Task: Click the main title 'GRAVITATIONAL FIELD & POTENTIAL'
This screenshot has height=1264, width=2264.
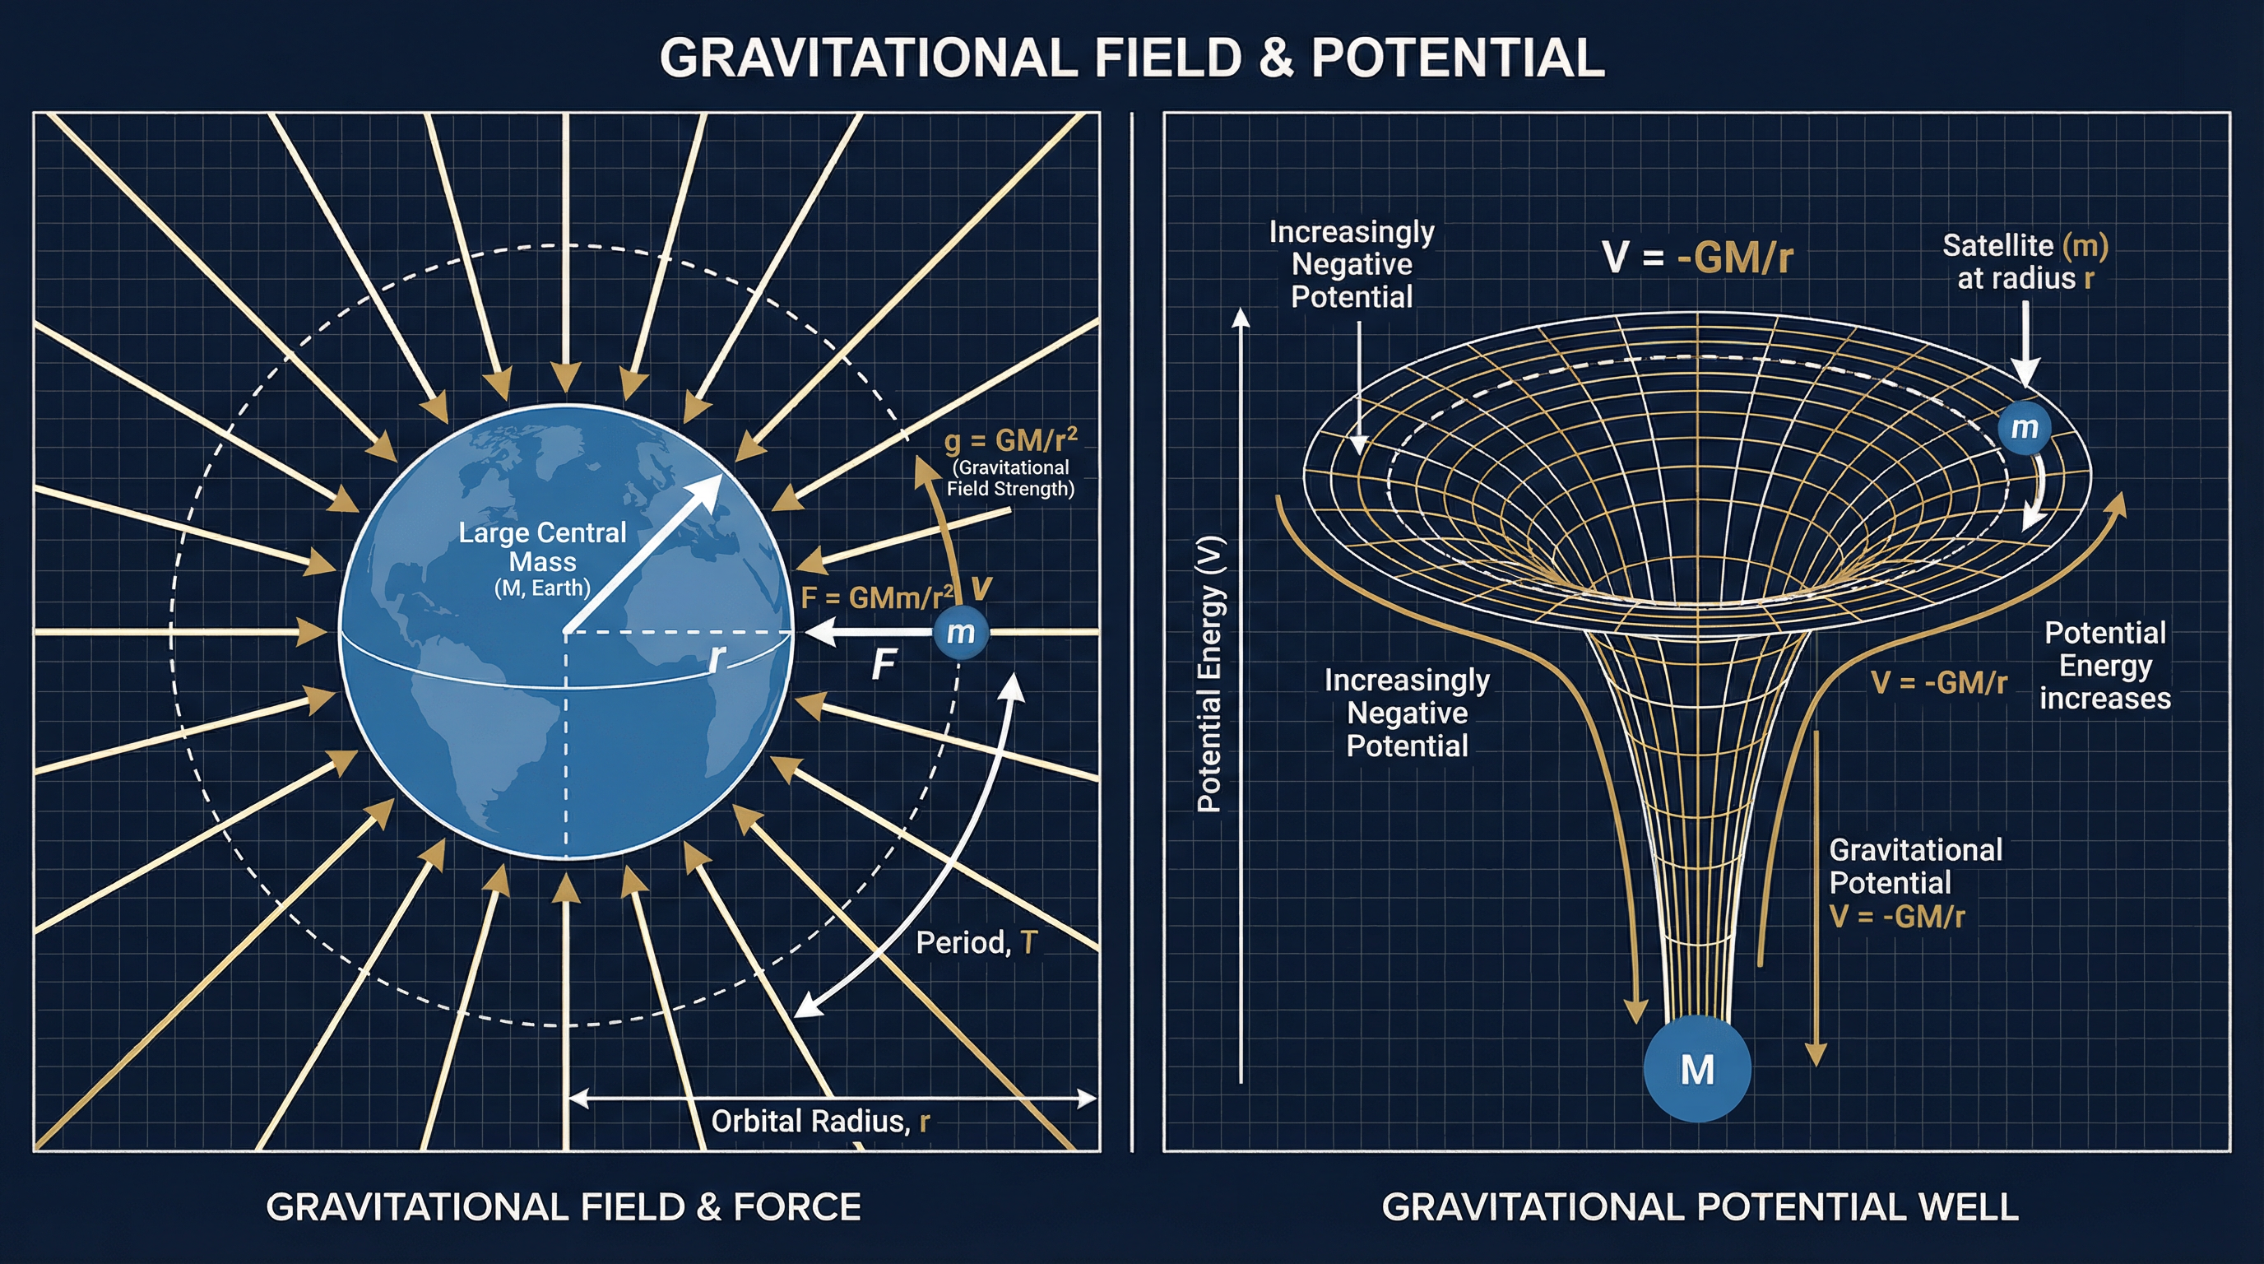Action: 1132,58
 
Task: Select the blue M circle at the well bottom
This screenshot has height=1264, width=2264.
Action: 1697,1069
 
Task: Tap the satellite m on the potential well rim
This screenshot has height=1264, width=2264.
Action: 2024,428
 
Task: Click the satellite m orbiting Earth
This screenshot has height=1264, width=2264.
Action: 961,632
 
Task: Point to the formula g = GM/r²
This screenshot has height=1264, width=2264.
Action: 1011,439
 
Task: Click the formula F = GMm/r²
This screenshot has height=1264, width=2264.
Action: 876,597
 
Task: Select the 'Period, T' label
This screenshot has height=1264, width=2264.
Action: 976,943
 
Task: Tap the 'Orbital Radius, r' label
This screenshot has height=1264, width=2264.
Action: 819,1122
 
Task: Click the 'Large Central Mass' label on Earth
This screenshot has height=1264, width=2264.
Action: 542,546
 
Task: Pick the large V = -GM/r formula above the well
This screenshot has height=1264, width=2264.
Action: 1697,258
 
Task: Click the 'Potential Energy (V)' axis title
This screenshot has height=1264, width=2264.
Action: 1210,673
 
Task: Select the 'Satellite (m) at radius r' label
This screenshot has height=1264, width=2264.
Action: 2025,262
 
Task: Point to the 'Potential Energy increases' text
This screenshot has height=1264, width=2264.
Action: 2105,666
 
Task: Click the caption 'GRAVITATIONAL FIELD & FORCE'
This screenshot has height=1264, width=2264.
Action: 564,1207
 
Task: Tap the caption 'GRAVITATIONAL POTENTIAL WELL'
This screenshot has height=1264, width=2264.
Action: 1700,1207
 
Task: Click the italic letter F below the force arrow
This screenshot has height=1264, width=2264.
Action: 884,665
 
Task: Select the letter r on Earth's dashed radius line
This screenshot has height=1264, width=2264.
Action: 718,658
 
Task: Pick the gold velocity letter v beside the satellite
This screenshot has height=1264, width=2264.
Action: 981,588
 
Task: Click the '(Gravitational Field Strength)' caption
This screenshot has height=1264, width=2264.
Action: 1011,478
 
